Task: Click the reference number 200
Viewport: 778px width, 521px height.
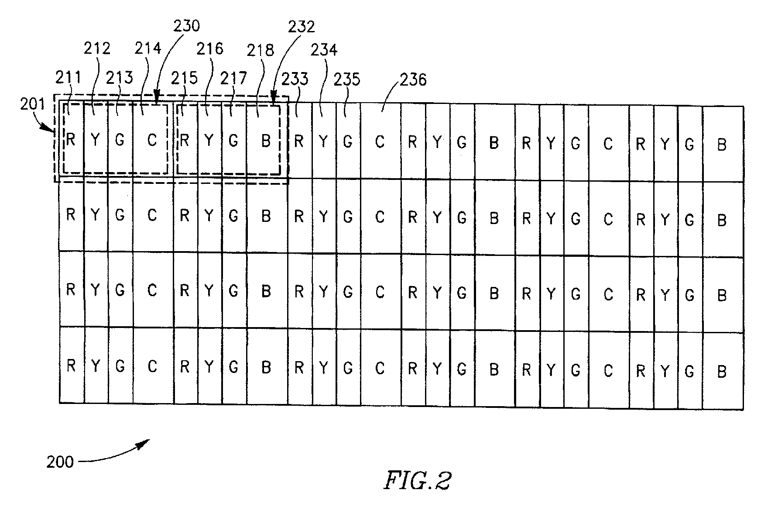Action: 60,462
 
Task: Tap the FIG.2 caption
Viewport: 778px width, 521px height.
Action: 417,481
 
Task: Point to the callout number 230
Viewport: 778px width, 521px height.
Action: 187,26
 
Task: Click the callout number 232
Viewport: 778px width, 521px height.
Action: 301,27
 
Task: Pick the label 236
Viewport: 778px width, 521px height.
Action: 413,80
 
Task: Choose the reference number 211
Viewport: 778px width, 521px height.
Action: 68,78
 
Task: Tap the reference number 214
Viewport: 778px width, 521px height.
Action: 148,48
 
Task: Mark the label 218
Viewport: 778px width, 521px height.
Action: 260,50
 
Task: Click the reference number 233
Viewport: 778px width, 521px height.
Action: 295,79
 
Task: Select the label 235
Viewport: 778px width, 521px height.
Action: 347,80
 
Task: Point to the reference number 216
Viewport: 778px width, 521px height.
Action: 210,48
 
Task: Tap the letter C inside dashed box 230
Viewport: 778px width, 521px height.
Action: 152,140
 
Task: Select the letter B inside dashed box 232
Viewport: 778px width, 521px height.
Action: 266,141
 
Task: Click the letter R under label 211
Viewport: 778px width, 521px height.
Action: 71,140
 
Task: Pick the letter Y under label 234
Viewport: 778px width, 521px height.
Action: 323,141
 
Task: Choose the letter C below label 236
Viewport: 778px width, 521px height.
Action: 380,142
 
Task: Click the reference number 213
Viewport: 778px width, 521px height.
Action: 120,77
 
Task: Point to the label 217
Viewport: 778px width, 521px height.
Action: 234,78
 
